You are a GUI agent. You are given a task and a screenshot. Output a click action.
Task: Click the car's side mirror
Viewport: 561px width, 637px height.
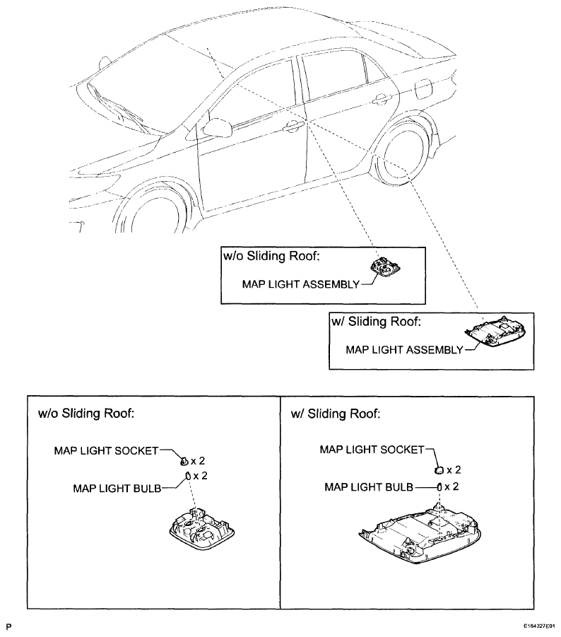(217, 127)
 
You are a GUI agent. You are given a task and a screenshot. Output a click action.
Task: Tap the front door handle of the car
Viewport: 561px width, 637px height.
(293, 127)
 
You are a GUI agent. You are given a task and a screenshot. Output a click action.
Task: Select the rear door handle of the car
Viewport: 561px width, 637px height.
(382, 99)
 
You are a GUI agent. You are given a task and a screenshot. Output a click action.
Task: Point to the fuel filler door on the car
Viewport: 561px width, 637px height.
(423, 88)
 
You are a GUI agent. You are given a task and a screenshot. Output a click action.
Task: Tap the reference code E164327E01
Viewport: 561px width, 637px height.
(539, 626)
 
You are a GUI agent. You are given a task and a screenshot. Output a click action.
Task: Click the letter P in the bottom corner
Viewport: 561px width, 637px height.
(9, 626)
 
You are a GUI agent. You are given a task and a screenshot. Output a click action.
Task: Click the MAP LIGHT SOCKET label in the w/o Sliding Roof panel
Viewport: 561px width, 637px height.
(107, 450)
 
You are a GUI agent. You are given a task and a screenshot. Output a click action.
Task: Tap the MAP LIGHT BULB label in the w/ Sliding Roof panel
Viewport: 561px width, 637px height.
(369, 486)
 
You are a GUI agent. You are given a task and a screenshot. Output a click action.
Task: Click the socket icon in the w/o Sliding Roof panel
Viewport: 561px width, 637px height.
(184, 461)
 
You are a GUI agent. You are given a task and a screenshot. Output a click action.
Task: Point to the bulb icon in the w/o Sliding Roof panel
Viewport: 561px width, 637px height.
(189, 476)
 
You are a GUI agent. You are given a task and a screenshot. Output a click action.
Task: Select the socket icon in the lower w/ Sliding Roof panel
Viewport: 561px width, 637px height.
(439, 470)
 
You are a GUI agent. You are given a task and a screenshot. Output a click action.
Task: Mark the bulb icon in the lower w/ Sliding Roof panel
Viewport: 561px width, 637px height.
(439, 486)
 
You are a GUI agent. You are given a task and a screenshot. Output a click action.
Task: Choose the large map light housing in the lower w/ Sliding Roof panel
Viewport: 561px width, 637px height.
(420, 534)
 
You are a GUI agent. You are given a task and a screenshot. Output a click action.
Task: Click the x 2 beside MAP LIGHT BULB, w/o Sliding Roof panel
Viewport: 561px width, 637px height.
(200, 475)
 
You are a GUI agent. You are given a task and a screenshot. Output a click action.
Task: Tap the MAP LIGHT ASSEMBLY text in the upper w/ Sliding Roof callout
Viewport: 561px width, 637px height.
(404, 350)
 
